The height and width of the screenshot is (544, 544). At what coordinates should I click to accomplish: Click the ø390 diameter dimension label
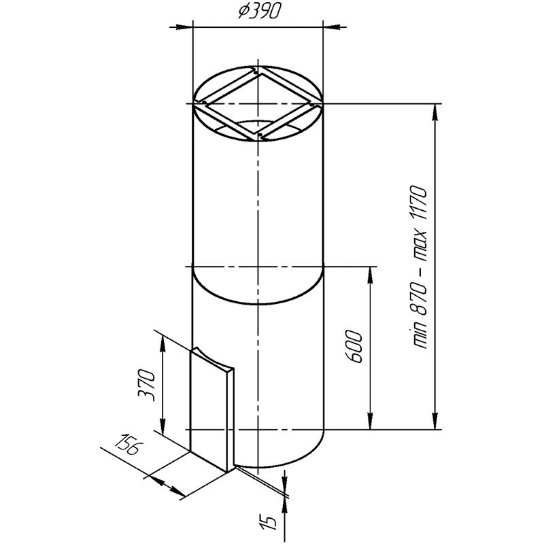259,12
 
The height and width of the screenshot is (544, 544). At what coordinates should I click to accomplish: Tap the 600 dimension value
354,347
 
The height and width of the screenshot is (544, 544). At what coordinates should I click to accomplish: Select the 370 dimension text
146,386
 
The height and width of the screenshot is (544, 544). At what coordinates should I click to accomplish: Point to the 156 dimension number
127,444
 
